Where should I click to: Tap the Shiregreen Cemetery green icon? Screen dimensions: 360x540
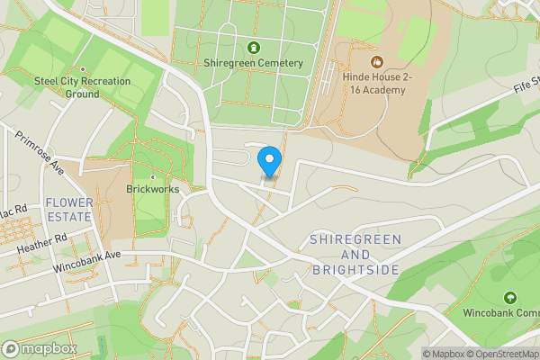click(253, 48)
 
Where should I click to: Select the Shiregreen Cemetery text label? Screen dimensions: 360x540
click(253, 63)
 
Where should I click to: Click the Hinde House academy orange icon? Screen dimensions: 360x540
click(376, 62)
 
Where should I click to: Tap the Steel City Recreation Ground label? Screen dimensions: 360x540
click(82, 87)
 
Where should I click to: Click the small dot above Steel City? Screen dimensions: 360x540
click(83, 68)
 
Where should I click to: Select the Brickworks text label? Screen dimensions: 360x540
click(153, 190)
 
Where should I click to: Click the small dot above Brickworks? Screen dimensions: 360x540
click(153, 177)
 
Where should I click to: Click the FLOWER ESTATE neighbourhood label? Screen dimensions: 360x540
click(68, 210)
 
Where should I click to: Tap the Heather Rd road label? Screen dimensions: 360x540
click(48, 243)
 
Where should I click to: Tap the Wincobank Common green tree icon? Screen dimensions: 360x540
click(509, 297)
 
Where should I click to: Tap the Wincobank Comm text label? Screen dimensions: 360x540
click(500, 313)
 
